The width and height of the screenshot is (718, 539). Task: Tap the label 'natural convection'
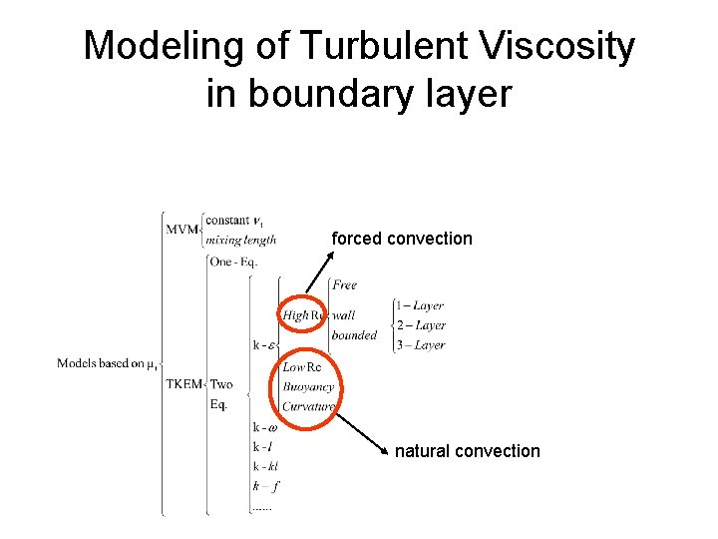(x=467, y=451)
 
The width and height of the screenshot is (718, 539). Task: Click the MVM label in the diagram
(x=181, y=229)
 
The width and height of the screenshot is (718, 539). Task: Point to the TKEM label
(x=183, y=384)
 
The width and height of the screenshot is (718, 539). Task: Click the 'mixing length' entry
(x=240, y=240)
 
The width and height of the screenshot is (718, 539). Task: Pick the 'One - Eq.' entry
(x=233, y=262)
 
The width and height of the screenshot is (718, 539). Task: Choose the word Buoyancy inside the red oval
(x=308, y=386)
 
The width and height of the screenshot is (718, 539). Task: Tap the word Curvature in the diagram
(x=308, y=406)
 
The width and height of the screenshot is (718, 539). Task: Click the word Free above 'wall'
(x=344, y=285)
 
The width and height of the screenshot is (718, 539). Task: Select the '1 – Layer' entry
(x=419, y=305)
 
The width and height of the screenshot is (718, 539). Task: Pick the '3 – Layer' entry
(x=419, y=345)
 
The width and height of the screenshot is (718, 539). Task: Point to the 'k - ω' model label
(x=265, y=427)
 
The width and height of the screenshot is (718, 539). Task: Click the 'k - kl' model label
(x=265, y=467)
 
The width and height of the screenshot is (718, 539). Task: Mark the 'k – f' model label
(x=265, y=486)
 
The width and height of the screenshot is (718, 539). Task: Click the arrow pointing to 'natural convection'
(x=360, y=432)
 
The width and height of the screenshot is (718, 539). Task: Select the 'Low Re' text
(x=302, y=367)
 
